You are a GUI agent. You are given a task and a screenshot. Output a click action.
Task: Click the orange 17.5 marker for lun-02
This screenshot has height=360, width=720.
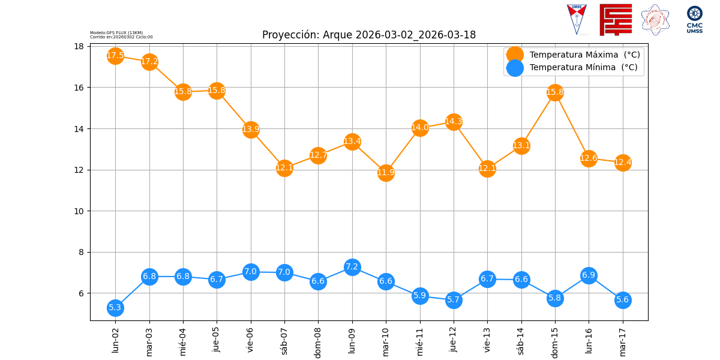point(115,56)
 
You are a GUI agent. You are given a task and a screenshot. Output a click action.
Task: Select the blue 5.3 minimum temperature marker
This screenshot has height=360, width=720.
point(115,308)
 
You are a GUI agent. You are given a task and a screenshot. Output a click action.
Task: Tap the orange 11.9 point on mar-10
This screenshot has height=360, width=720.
point(386,173)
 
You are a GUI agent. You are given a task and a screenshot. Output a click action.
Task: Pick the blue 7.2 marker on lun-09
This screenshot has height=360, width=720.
point(352,267)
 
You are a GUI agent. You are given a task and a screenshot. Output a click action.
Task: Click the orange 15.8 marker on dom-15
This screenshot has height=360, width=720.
point(555,92)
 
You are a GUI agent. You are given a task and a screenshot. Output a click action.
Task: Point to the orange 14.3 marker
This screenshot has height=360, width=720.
point(454,122)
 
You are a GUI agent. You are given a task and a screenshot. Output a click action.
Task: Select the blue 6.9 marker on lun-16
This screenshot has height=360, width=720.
point(589,275)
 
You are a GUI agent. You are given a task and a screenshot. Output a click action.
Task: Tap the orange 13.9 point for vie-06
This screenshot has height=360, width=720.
point(251,130)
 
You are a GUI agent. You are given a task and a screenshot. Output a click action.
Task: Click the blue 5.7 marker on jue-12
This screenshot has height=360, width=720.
point(454,300)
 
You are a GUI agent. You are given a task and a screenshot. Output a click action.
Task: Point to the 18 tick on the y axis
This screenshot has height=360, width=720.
point(79,46)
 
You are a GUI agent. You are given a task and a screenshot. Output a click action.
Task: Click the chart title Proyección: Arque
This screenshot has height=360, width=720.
point(369,35)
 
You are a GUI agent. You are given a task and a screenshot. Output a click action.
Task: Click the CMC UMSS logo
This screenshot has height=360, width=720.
point(695,19)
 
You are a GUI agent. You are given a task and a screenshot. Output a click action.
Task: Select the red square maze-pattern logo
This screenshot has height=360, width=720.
point(616,19)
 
